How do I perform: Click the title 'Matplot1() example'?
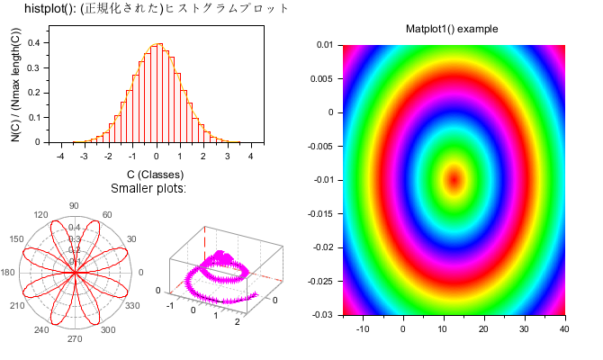click(452, 29)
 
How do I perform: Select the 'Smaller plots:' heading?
click(148, 188)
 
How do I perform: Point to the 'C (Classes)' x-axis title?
click(155, 174)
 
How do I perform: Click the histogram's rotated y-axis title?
click(17, 85)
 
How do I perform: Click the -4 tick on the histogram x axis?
click(59, 156)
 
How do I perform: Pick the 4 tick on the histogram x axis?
click(250, 156)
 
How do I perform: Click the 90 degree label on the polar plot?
click(74, 205)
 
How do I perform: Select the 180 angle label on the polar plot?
click(8, 273)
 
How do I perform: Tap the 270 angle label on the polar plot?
click(74, 339)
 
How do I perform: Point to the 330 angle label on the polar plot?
click(130, 306)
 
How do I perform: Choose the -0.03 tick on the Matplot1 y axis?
click(321, 314)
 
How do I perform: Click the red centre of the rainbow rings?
click(454, 179)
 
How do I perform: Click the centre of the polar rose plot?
click(74, 273)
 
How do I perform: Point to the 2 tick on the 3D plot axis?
click(237, 321)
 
